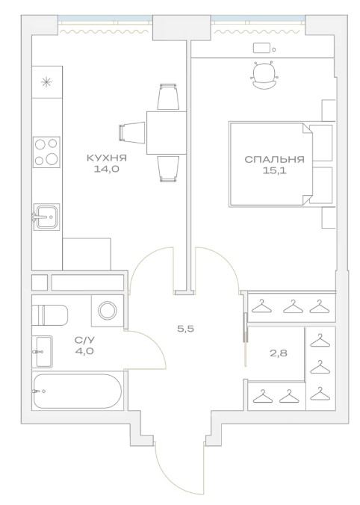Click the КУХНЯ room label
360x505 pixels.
point(107,158)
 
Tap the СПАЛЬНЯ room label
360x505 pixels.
point(274,159)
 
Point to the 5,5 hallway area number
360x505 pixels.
point(186,329)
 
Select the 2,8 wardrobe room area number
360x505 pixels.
point(279,353)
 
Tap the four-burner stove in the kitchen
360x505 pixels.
point(47,152)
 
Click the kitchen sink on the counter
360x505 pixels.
point(46,217)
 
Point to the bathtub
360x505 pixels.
point(77,391)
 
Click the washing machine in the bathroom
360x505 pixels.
point(108,311)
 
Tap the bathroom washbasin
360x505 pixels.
point(43,351)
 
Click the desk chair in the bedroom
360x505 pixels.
point(266,75)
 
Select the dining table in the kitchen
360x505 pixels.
point(167,133)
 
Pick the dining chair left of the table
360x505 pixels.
point(132,132)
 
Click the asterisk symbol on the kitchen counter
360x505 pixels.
point(47,82)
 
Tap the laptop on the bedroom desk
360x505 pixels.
point(261,49)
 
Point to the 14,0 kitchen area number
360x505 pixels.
point(107,169)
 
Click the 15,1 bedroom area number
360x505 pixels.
point(274,170)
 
